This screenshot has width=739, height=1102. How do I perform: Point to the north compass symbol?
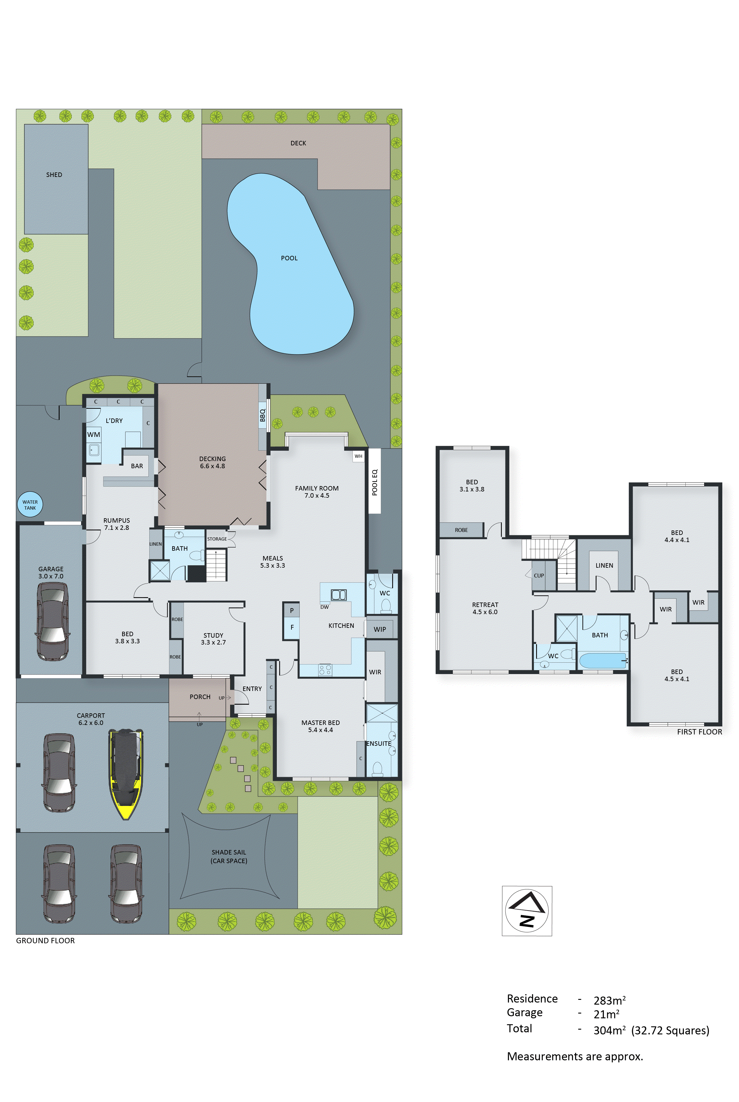pos(527,910)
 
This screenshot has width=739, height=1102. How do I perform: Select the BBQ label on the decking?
pos(263,415)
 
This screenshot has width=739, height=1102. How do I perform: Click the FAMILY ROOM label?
pos(317,488)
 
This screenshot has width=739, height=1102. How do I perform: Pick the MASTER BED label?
pos(321,723)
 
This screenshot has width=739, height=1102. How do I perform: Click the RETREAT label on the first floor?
pos(485,605)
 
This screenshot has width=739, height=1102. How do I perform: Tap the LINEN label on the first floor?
pos(604,566)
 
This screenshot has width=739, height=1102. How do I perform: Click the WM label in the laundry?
pos(93,435)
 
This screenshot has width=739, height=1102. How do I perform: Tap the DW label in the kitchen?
pos(324,607)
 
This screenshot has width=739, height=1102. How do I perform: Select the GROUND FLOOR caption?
pos(45,941)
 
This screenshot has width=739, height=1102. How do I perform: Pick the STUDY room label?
pos(213,635)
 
